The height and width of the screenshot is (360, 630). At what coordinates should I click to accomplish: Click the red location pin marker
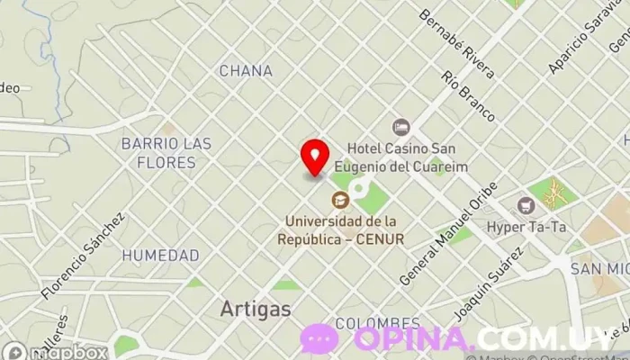click(314, 156)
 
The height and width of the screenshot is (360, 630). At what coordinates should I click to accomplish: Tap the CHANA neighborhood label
click(246, 70)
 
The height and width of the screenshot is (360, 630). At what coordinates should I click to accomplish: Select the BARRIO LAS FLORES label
click(166, 153)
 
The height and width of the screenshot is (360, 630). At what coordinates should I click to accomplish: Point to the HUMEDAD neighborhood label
click(160, 256)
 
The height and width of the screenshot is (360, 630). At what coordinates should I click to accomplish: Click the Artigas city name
click(256, 309)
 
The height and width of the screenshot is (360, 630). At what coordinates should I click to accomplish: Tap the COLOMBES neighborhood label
click(377, 322)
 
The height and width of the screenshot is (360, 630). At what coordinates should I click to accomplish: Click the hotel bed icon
click(400, 128)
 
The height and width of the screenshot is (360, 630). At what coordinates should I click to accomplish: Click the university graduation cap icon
click(340, 199)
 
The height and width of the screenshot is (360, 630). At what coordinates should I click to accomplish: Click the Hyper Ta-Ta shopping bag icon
click(526, 205)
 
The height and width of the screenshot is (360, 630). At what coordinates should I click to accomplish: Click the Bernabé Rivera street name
click(457, 44)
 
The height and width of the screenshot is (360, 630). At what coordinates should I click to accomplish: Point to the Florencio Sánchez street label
click(83, 256)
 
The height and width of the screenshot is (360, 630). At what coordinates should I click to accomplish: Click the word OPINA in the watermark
click(413, 339)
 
